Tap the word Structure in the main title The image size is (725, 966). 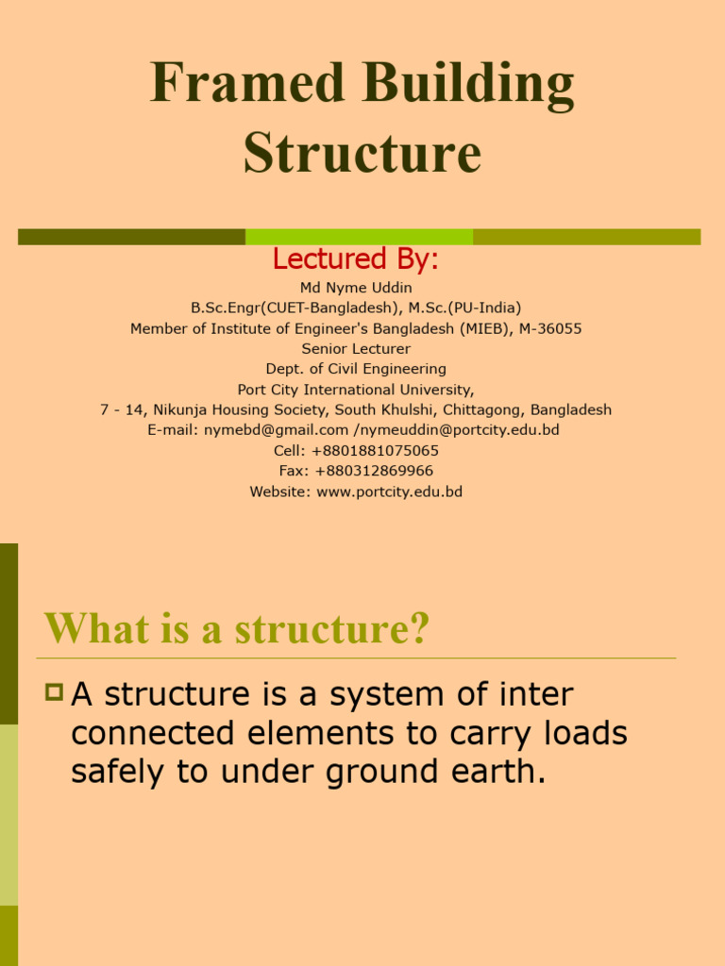[x=362, y=153]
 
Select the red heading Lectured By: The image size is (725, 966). [x=356, y=258]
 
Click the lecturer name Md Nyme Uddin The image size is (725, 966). [x=356, y=287]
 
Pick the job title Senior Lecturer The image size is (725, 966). [x=356, y=349]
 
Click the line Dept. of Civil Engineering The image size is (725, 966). [x=356, y=369]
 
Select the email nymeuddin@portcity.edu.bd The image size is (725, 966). [x=460, y=430]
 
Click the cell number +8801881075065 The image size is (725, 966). [x=375, y=451]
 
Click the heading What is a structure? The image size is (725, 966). [x=237, y=629]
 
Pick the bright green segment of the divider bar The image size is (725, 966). [x=359, y=237]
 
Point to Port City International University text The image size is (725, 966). [x=356, y=390]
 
